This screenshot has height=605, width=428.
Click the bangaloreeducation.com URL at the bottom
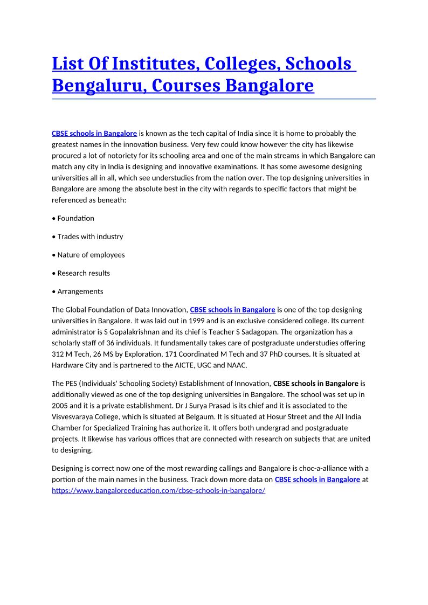tap(158, 491)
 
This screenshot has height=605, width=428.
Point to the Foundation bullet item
tap(75, 218)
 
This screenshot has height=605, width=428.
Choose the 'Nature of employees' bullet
tap(91, 255)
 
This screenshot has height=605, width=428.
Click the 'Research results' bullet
tap(84, 273)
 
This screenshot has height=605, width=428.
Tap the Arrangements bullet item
tap(80, 291)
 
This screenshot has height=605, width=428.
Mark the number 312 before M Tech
tap(58, 354)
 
